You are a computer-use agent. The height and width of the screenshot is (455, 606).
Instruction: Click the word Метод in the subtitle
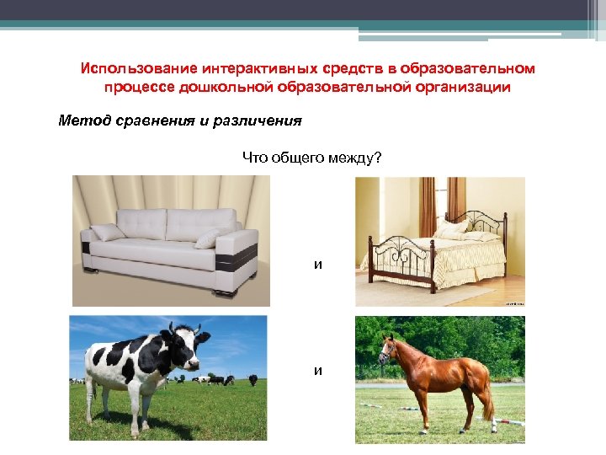coord(83,120)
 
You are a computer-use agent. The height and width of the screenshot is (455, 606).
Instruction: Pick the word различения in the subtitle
coord(257,120)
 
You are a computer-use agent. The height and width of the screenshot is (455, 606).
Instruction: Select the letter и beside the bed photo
coord(317,265)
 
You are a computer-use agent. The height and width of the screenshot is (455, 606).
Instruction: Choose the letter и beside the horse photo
coord(317,371)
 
